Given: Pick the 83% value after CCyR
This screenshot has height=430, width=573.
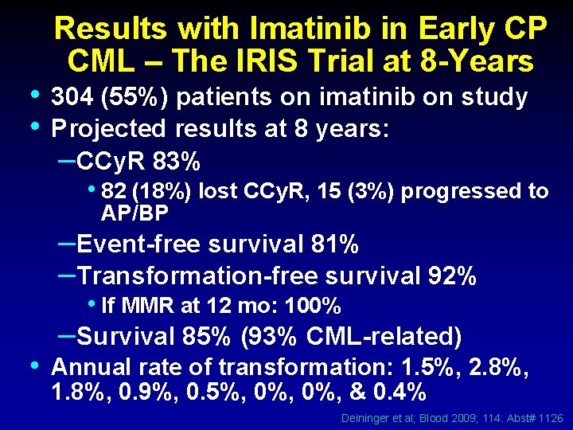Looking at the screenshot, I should (x=174, y=162).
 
